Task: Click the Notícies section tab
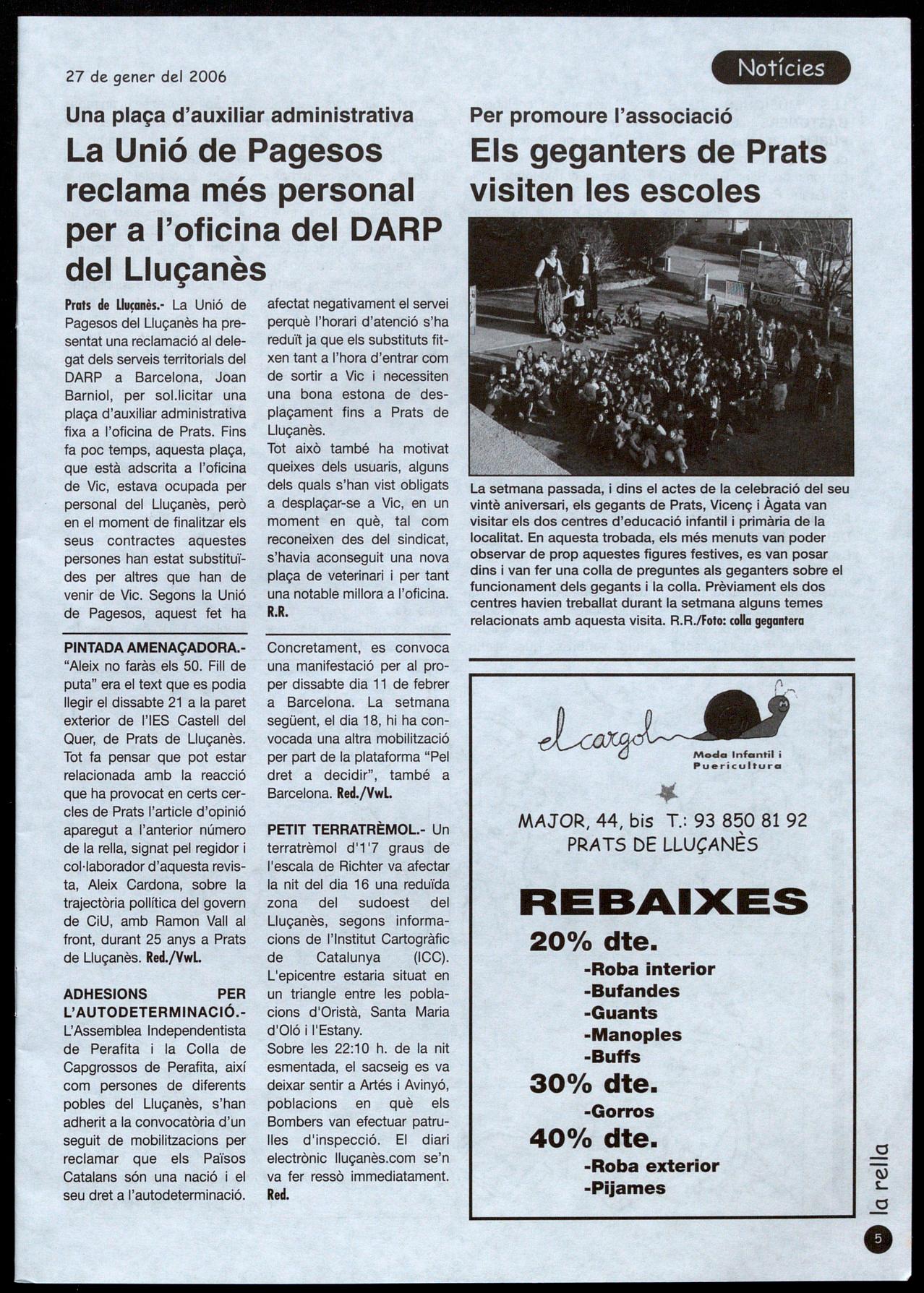click(x=781, y=68)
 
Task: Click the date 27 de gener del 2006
click(x=146, y=77)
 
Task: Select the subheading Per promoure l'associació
click(x=601, y=116)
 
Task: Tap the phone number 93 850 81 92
click(x=750, y=820)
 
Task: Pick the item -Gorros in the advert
click(x=618, y=1112)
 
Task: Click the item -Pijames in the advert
click(x=625, y=1187)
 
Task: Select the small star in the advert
click(x=668, y=794)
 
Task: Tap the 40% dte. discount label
click(x=594, y=1138)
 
